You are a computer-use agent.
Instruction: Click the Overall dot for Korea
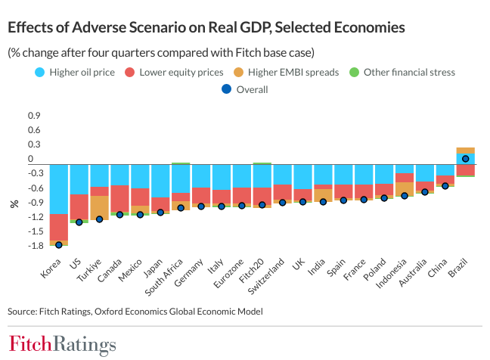click(58, 244)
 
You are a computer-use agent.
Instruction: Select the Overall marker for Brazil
click(466, 159)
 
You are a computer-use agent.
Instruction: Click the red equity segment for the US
click(79, 206)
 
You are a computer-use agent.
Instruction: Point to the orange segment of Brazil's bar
click(466, 151)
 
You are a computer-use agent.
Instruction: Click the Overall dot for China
click(445, 185)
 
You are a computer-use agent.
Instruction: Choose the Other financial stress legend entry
click(409, 73)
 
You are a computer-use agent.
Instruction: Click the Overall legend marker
click(225, 89)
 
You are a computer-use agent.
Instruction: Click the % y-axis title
click(14, 204)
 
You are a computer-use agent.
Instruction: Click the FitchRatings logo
click(62, 344)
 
